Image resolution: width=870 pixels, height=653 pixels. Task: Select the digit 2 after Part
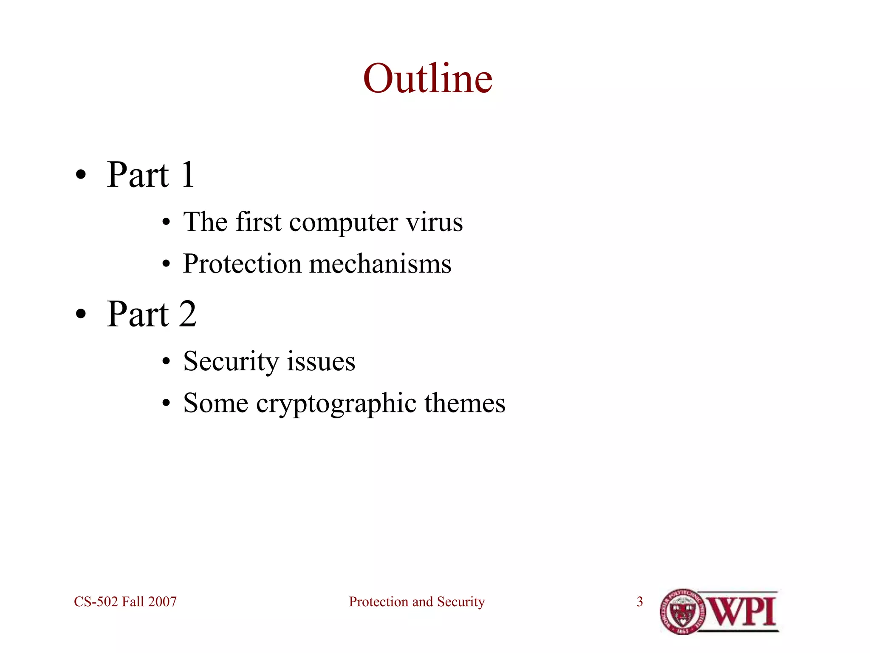pyautogui.click(x=187, y=314)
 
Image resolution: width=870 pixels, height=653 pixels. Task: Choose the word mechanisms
pyautogui.click(x=380, y=264)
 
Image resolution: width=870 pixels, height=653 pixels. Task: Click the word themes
pyautogui.click(x=465, y=403)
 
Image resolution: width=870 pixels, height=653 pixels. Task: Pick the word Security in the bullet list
pyautogui.click(x=231, y=362)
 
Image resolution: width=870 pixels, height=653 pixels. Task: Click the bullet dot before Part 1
pyautogui.click(x=81, y=175)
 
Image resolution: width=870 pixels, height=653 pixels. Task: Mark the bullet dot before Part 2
pyautogui.click(x=81, y=314)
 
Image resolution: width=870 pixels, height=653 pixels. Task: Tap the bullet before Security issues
pyautogui.click(x=166, y=362)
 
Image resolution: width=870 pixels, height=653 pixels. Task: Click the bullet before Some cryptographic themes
pyautogui.click(x=166, y=403)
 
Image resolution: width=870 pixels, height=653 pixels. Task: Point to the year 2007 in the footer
pyautogui.click(x=162, y=602)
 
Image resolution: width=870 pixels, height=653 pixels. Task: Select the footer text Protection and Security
pyautogui.click(x=417, y=602)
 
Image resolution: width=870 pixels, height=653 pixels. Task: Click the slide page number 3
pyautogui.click(x=640, y=602)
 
